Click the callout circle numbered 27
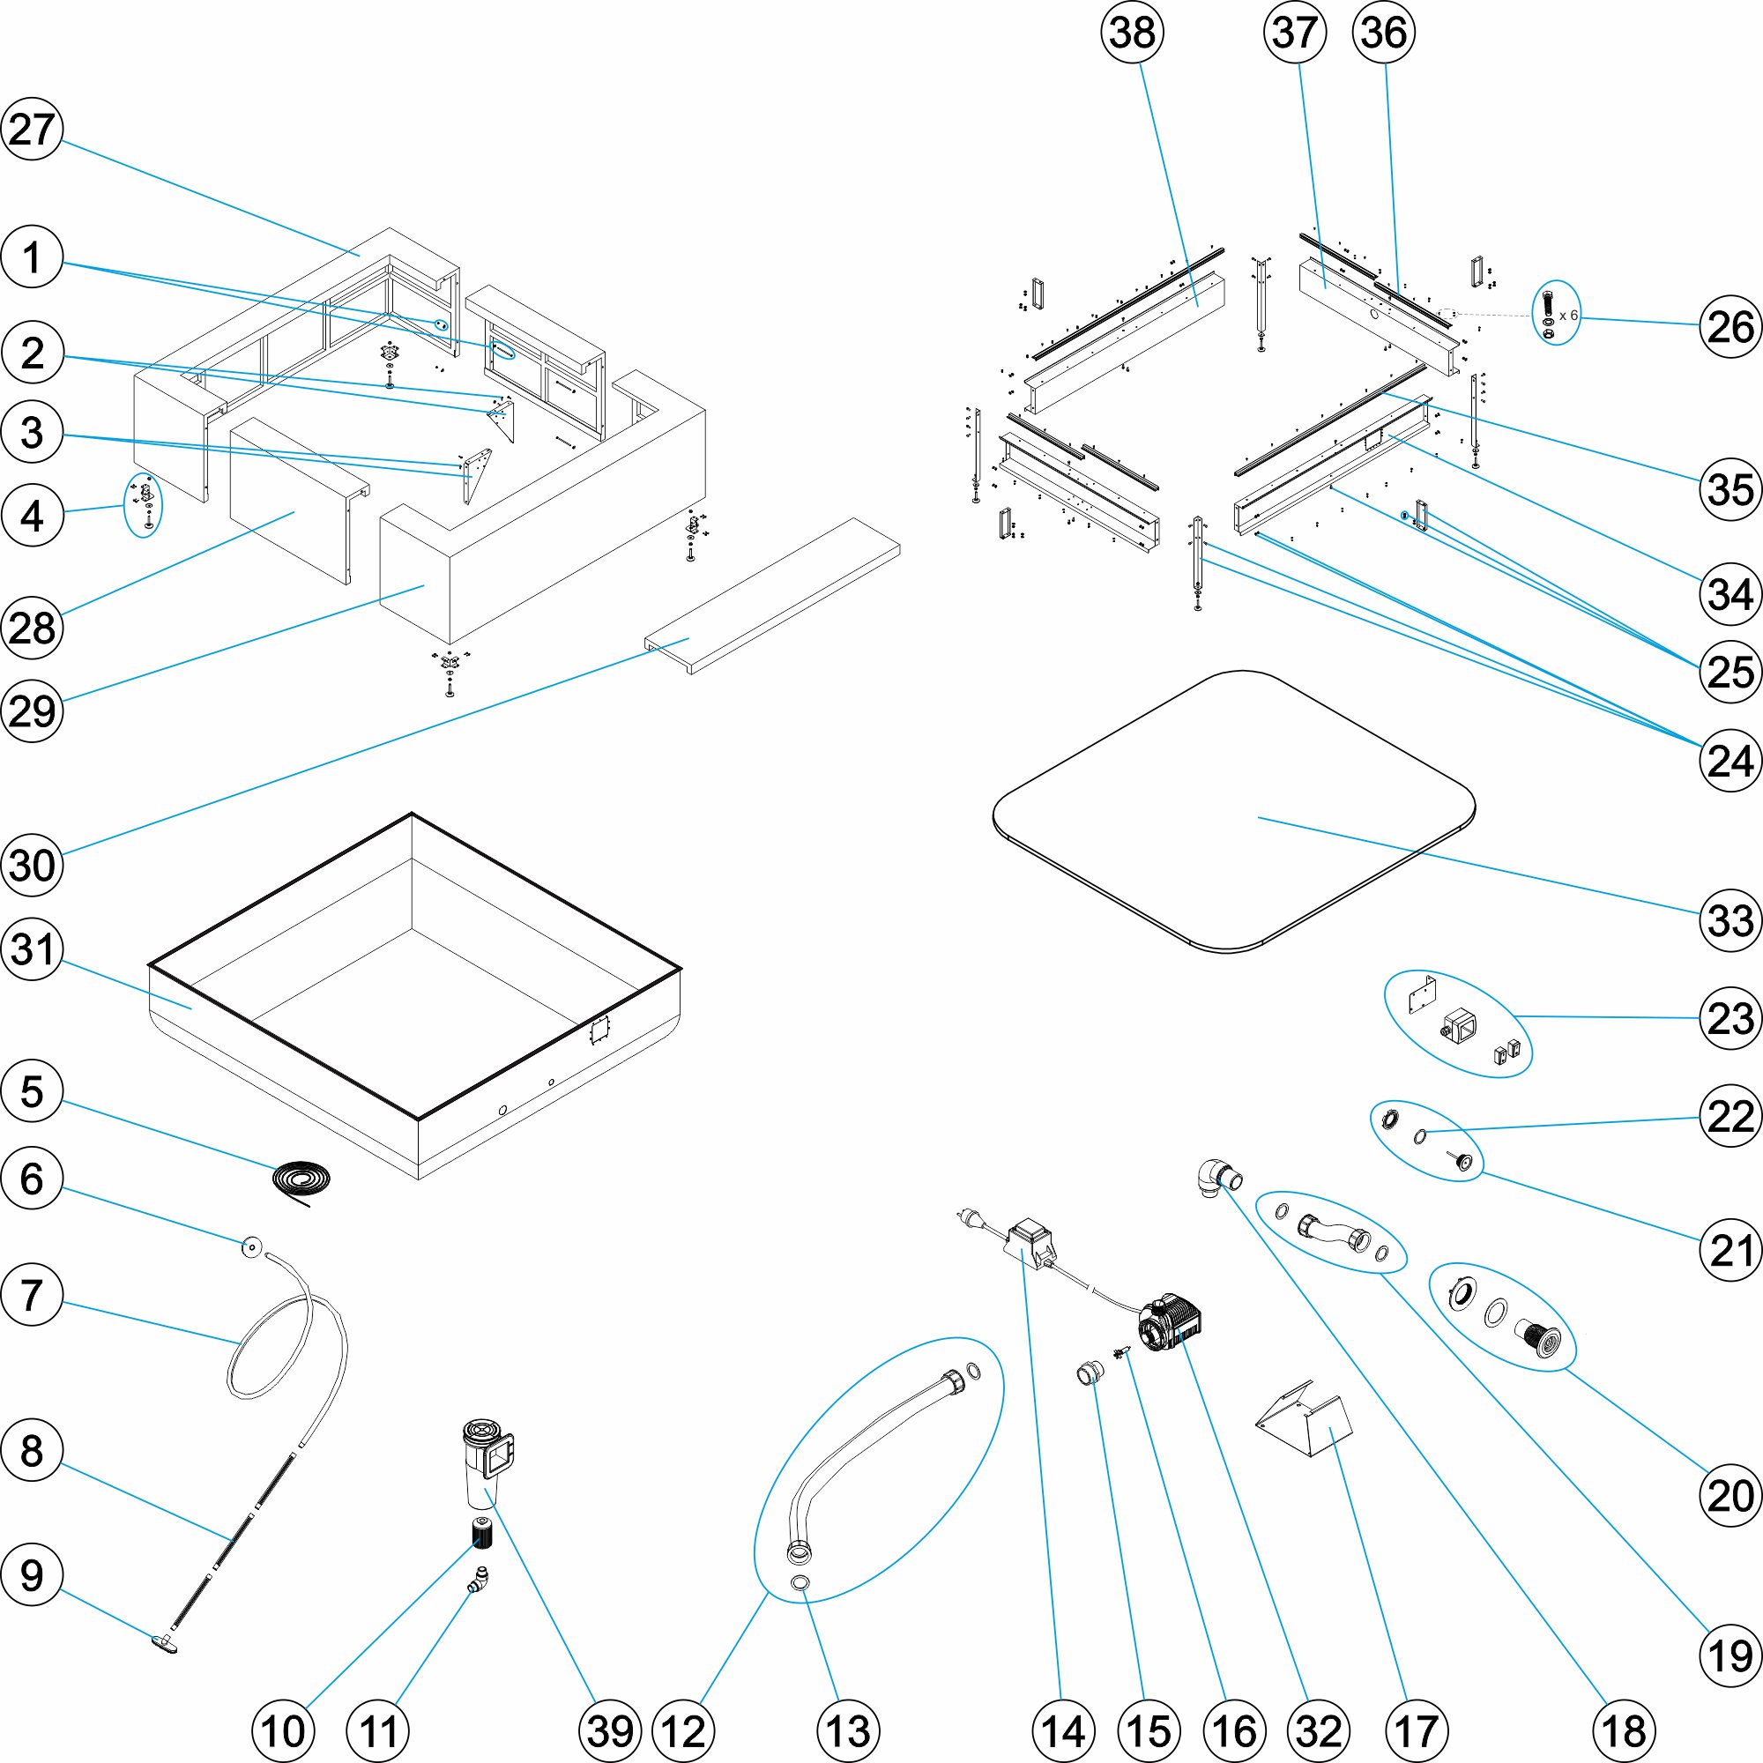tap(32, 129)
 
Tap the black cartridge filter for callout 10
tap(481, 1534)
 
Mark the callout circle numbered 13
tap(848, 1730)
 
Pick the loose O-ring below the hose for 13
tap(800, 1581)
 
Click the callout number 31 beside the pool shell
tap(32, 949)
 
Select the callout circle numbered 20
tap(1730, 1496)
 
